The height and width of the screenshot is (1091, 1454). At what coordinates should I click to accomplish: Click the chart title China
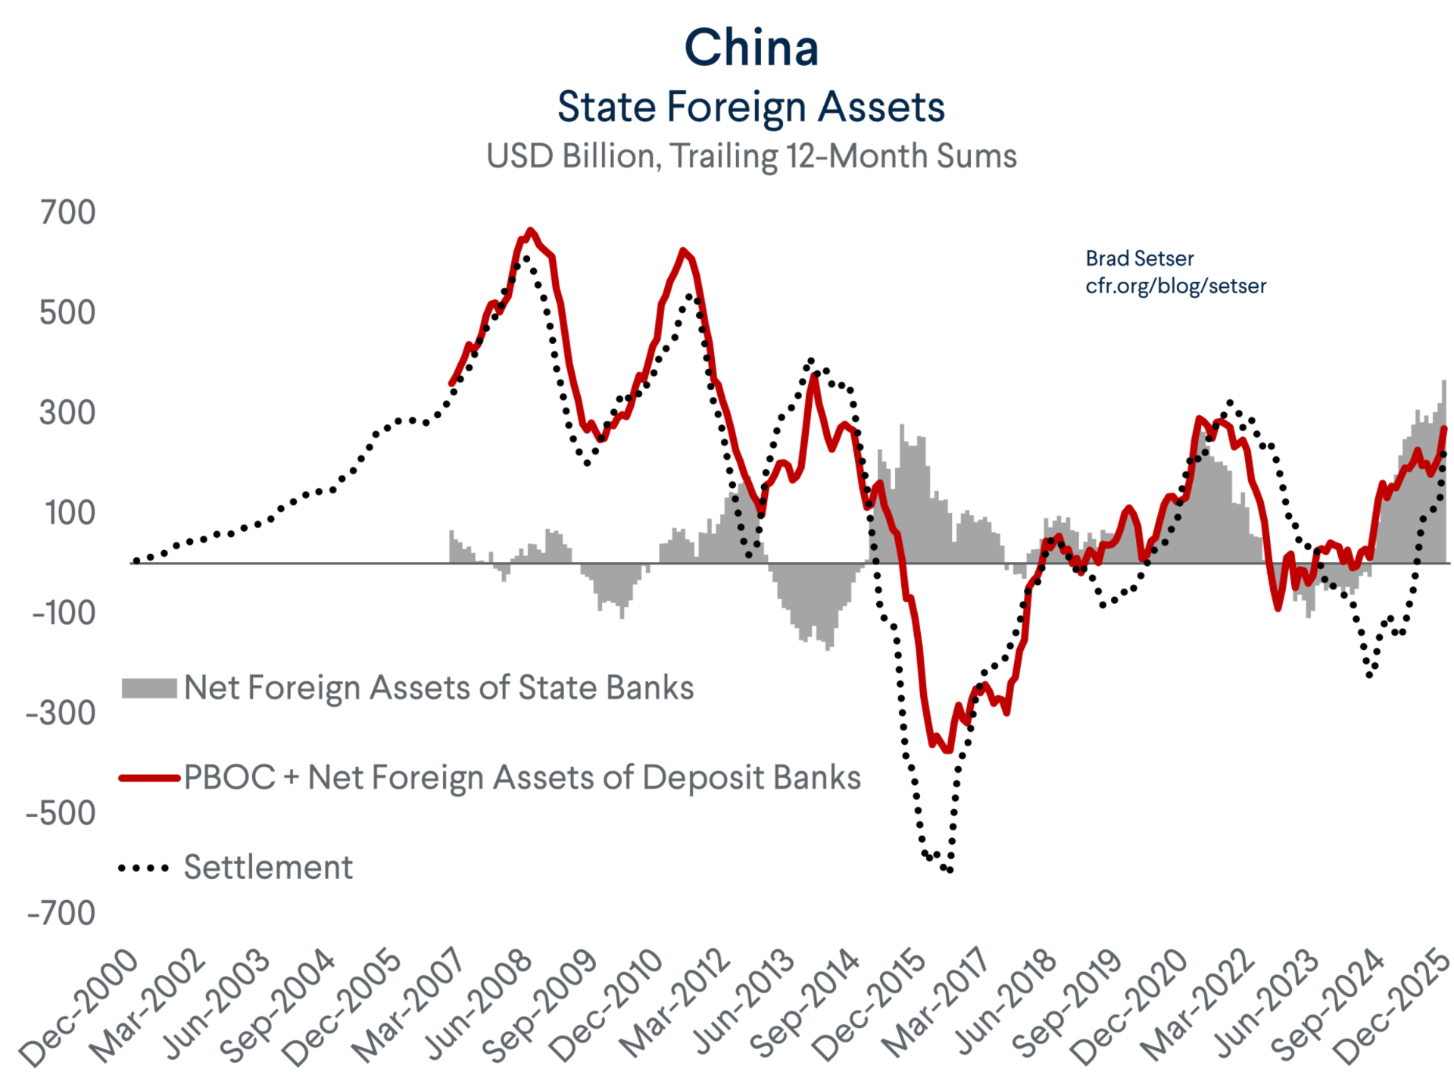[750, 48]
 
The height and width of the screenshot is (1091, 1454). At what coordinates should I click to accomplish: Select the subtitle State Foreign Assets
[750, 107]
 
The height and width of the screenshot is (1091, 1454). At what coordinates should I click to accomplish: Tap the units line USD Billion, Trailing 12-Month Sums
[750, 157]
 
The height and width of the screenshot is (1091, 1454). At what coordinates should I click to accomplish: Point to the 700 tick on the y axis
[68, 213]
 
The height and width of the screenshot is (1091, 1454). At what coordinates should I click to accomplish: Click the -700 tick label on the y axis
[62, 913]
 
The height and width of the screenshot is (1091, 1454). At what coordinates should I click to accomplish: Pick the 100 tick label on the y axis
[70, 513]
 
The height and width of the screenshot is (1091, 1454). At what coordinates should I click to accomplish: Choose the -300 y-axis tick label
[62, 713]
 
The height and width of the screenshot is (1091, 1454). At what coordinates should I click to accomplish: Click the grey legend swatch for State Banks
[149, 688]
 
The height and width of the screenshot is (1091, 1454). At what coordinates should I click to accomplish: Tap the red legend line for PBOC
[149, 778]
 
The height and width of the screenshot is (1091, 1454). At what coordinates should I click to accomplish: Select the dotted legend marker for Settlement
[144, 868]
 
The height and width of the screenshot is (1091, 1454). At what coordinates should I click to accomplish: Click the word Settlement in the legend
[268, 867]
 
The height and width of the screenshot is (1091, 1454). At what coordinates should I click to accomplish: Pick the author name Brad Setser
[1139, 259]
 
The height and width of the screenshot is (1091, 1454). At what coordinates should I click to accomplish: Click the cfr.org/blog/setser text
[1175, 286]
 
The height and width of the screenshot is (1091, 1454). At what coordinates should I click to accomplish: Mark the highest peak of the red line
[530, 230]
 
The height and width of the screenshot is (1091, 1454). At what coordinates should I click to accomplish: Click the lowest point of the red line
[947, 750]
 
